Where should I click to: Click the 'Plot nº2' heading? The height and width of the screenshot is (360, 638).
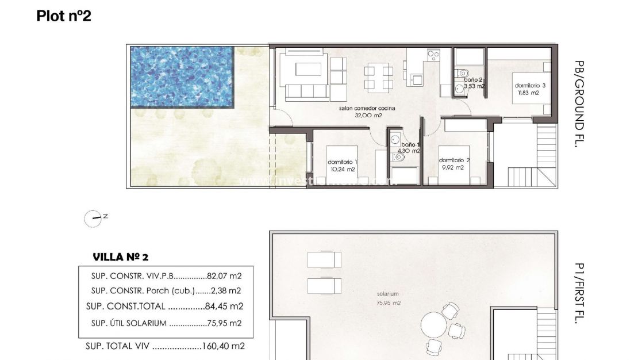[64, 16]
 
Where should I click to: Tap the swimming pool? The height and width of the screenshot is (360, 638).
[182, 76]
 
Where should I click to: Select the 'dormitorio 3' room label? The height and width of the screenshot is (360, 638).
[526, 86]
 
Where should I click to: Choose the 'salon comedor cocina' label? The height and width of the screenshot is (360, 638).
[369, 108]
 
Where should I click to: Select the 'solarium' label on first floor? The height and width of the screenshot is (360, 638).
[388, 294]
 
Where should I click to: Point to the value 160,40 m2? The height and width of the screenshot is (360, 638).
[223, 346]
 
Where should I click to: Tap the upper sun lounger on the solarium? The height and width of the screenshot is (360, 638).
[324, 260]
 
